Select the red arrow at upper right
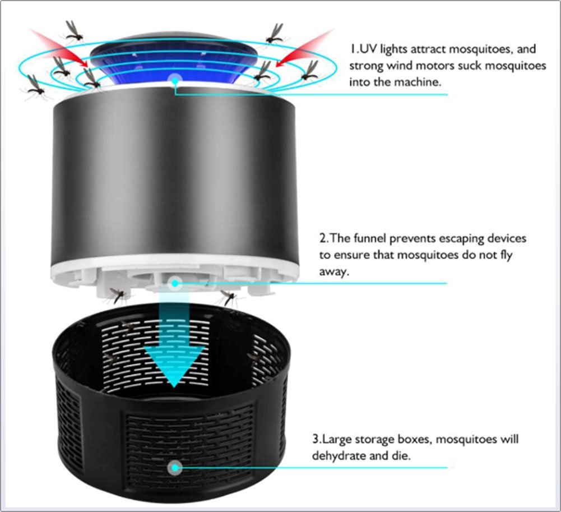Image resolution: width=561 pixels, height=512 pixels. [x=303, y=48]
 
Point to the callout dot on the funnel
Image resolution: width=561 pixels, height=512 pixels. [x=175, y=283]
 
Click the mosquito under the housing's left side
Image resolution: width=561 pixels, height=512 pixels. [x=118, y=294]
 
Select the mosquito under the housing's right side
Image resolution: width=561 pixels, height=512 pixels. [x=228, y=297]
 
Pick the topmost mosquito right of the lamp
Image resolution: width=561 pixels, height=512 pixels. [x=275, y=34]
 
